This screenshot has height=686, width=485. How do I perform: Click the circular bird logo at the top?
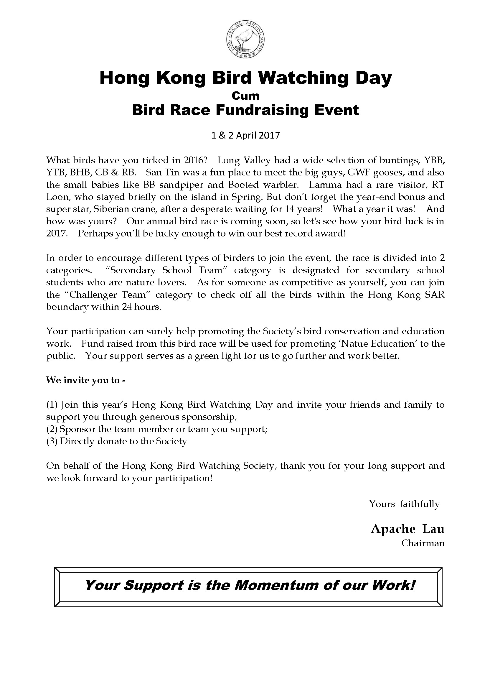click(x=245, y=40)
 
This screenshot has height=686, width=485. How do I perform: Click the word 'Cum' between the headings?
click(x=245, y=96)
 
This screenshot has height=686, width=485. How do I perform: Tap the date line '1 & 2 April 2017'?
click(x=245, y=135)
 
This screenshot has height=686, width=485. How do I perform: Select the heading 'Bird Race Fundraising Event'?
click(x=245, y=110)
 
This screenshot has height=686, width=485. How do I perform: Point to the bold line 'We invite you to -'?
click(x=86, y=380)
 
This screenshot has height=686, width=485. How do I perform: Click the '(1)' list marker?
click(x=52, y=405)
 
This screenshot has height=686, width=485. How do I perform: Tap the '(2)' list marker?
click(x=52, y=429)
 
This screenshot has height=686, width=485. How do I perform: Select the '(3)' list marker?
click(x=52, y=441)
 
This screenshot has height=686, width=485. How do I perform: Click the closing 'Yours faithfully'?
click(x=404, y=504)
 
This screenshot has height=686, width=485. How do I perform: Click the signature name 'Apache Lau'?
click(x=407, y=529)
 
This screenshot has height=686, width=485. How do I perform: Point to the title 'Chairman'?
click(x=423, y=543)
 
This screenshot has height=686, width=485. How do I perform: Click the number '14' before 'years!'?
click(x=290, y=209)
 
